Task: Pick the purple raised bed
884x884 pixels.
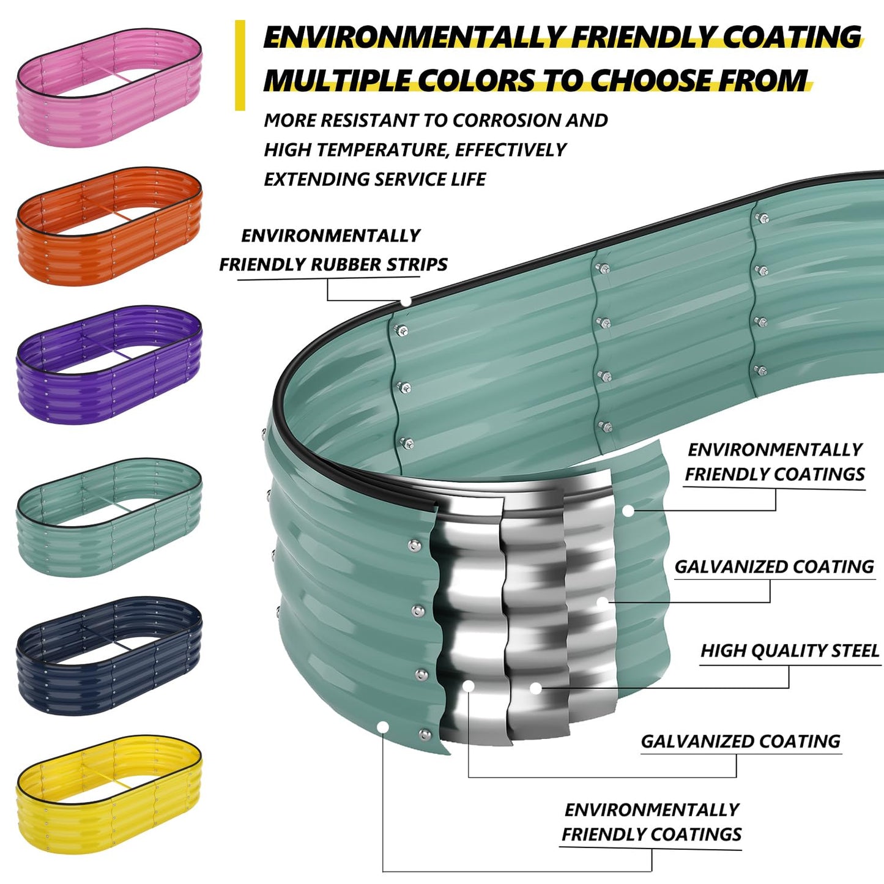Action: point(109,365)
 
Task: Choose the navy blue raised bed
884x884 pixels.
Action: point(109,655)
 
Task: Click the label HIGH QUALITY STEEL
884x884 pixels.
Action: point(790,651)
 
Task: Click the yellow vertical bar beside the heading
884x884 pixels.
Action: point(240,65)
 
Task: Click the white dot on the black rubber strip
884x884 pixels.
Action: point(406,302)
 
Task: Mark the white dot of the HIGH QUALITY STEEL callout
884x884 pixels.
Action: point(536,688)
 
